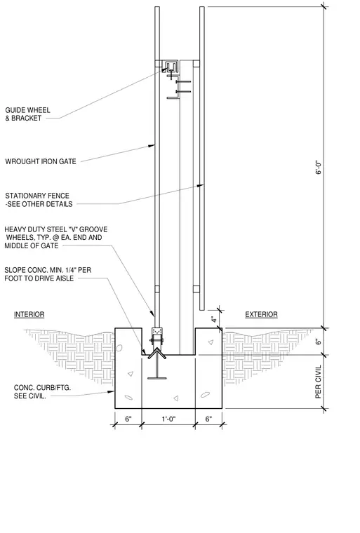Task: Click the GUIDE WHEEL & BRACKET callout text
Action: pos(27,114)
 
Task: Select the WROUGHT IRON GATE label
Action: pos(41,161)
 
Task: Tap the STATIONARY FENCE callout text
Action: pos(39,200)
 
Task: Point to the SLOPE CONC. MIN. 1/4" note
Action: pos(48,274)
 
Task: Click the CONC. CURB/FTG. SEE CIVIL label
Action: pos(42,391)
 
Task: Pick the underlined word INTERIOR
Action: pos(29,314)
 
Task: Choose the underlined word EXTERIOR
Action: pos(261,314)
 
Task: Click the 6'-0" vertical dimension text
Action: pos(318,167)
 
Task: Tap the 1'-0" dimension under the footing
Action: pos(168,419)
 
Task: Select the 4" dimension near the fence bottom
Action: pos(214,320)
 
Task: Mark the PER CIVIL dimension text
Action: pos(318,382)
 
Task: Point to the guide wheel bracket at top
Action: pos(172,67)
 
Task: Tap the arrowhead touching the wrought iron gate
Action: pos(152,146)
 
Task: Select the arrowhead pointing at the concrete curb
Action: pos(111,391)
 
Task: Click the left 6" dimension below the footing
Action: pos(128,419)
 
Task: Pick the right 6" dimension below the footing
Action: pos(208,419)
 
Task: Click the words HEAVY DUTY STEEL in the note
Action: pos(35,229)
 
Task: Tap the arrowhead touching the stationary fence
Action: pos(201,186)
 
